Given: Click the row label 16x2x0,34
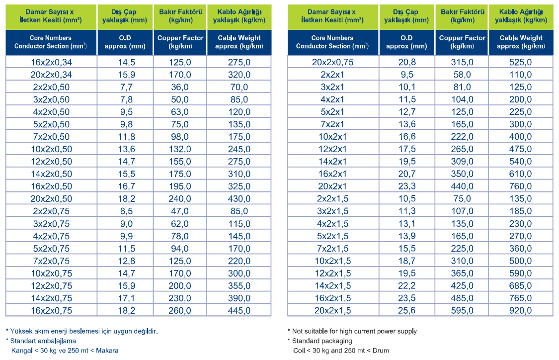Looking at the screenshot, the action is tap(51, 63).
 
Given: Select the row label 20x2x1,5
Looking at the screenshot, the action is tap(332, 310).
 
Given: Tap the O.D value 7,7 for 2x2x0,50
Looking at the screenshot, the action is tap(126, 87).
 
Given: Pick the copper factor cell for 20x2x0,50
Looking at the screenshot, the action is tap(180, 199).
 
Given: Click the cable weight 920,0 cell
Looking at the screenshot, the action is tap(521, 310).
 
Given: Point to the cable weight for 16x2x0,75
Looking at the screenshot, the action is tap(239, 310).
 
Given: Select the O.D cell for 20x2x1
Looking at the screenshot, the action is tap(407, 186).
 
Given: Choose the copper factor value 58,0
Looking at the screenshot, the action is tap(462, 75).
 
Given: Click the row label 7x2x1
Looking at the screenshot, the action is tap(332, 124).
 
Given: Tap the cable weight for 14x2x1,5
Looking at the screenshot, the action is tap(521, 286).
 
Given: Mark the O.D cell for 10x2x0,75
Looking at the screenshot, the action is tap(127, 273).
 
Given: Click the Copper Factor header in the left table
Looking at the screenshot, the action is tap(180, 42).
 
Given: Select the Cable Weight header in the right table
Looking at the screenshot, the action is tap(521, 42).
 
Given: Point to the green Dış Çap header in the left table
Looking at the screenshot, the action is tap(125, 16).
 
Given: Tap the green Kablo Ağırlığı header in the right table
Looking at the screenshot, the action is tap(521, 16).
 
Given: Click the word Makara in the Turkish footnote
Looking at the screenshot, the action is tap(107, 351).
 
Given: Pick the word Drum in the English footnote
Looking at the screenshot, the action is tap(381, 351).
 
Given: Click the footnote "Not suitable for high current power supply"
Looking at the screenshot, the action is tap(354, 331).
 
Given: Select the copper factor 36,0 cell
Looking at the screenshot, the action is tap(180, 87).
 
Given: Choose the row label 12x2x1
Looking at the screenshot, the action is tap(332, 149).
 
